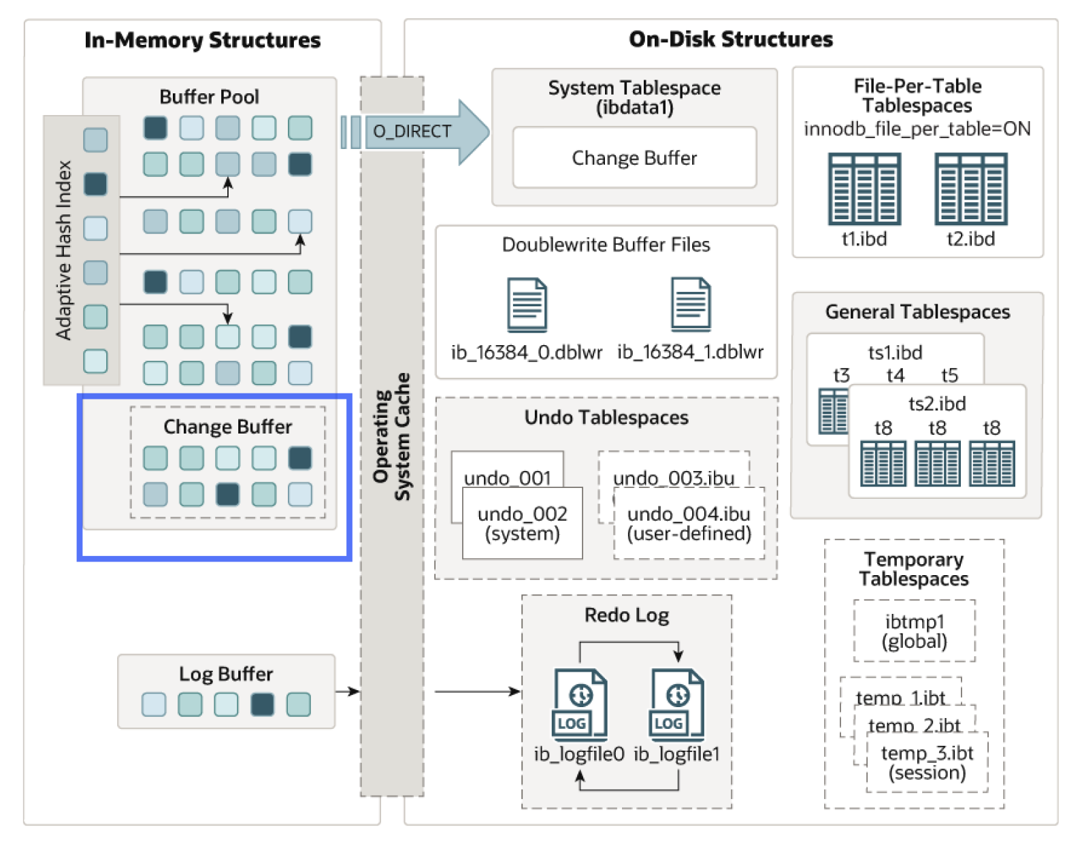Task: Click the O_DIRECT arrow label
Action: point(412,131)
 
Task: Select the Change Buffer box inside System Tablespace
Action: point(634,158)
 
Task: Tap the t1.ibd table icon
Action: point(864,189)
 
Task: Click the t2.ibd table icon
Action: point(970,189)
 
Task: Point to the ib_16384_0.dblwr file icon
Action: point(527,304)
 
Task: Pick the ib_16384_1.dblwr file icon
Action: point(691,304)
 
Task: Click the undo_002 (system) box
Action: point(523,523)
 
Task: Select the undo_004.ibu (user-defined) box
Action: point(689,523)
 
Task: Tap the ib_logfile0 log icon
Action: point(580,704)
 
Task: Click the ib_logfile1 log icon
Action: point(677,704)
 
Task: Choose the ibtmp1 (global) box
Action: point(914,631)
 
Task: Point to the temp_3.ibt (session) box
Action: point(927,762)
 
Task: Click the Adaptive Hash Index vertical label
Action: point(64,250)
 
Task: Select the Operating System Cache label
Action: point(392,436)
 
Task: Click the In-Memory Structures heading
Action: point(202,40)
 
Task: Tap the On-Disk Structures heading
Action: point(730,39)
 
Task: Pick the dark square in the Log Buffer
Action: point(262,704)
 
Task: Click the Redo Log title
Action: point(627,615)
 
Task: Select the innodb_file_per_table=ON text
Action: point(917,129)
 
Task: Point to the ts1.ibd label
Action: point(895,353)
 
